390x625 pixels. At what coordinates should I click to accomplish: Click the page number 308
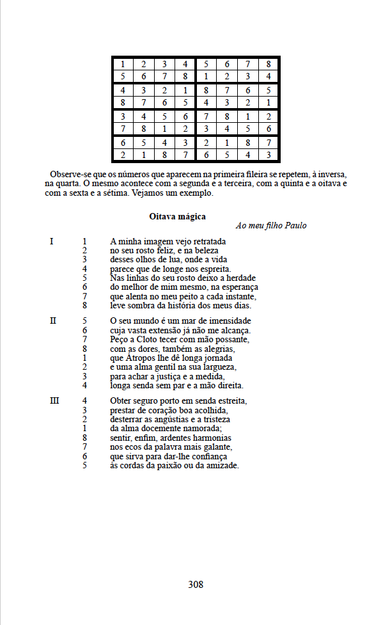[196, 584]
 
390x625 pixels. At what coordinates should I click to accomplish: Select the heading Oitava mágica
[178, 217]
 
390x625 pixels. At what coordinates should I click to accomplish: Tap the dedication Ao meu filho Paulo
[271, 226]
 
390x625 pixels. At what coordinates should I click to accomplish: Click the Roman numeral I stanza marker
[52, 241]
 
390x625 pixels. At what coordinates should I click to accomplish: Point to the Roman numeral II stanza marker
[53, 320]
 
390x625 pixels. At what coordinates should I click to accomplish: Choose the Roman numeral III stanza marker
[54, 400]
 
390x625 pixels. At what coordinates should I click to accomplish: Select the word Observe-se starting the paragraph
[71, 175]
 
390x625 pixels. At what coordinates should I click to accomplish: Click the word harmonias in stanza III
[209, 438]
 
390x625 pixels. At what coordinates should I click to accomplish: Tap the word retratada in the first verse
[207, 241]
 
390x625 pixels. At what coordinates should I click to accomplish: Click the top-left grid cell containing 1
[123, 64]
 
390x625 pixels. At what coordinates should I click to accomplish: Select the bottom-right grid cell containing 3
[269, 155]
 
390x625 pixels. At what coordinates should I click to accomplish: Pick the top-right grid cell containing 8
[269, 64]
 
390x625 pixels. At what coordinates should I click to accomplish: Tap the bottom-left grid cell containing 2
[123, 155]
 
